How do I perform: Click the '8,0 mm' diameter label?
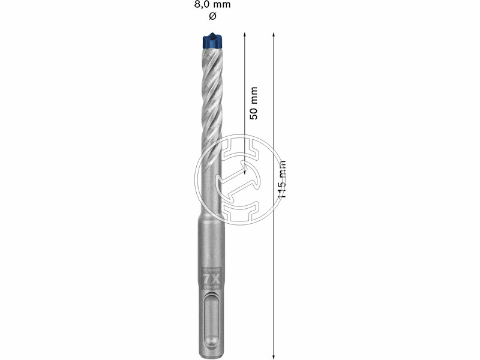211,5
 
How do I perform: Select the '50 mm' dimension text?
253,102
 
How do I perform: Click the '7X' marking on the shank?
211,279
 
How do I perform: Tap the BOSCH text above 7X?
211,270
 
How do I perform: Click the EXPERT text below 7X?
211,287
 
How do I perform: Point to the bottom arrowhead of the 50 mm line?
245,172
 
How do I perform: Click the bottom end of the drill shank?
211,355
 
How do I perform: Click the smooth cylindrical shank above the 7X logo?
211,240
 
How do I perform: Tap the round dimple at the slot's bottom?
211,344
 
